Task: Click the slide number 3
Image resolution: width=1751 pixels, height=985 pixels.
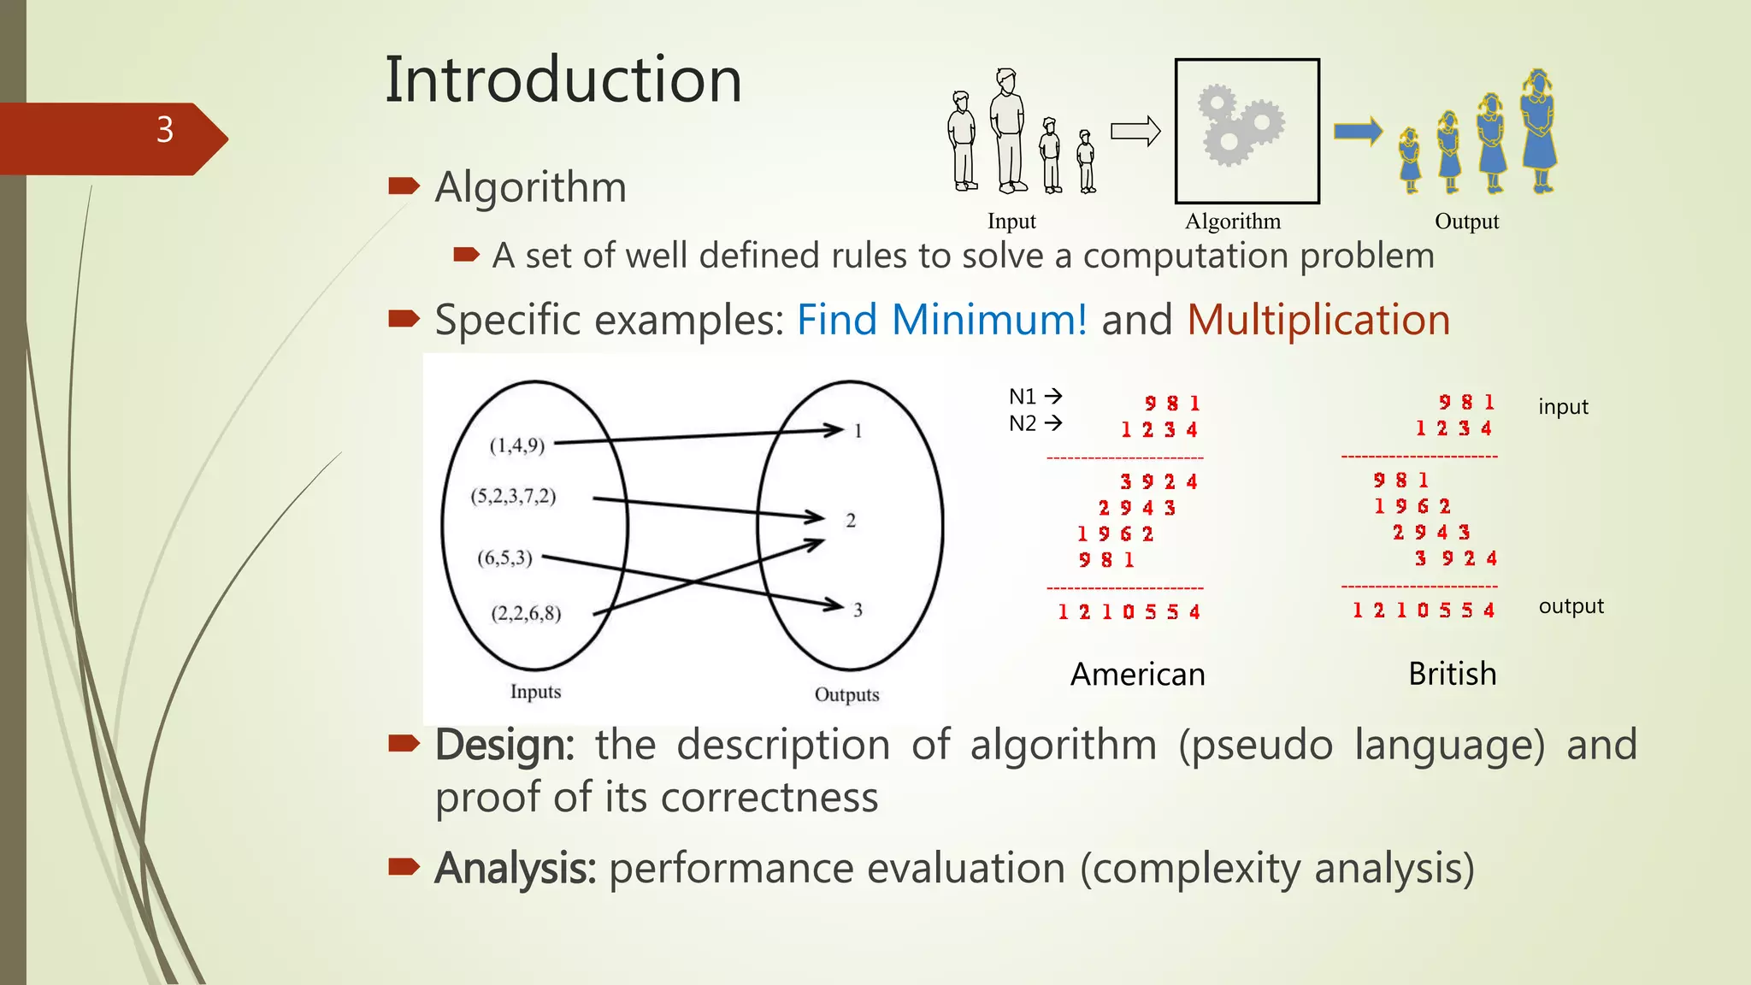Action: [x=165, y=130]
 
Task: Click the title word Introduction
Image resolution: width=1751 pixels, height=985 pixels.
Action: [x=563, y=80]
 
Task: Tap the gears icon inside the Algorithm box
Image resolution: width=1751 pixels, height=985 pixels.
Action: [x=1241, y=126]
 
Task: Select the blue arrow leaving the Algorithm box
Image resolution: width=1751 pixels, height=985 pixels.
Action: [x=1358, y=131]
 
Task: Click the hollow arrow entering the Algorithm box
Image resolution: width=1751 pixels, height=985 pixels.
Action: [x=1135, y=132]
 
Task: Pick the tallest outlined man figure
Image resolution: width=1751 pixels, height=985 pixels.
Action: [x=1009, y=130]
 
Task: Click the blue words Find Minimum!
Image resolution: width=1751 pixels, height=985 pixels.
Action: [x=941, y=320]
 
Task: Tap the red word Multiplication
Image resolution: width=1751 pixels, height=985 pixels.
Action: [x=1318, y=320]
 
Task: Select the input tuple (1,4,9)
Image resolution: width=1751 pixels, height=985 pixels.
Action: [x=516, y=445]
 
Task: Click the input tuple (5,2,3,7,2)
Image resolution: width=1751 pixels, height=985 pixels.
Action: [x=513, y=496]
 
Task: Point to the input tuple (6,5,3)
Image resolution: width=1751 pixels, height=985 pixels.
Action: [x=504, y=558]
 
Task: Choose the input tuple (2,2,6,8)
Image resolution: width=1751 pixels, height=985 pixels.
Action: [x=526, y=613]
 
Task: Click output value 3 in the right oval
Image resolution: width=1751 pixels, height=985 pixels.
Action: [x=858, y=610]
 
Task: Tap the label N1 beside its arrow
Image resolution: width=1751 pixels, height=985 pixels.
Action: [x=1023, y=397]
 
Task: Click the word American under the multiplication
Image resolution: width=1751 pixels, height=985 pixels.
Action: [x=1137, y=675]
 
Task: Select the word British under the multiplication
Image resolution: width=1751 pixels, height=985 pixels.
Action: [x=1452, y=674]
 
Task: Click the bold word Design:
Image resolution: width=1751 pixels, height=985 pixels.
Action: [x=504, y=745]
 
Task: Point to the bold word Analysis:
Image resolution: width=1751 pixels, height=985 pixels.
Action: [x=515, y=868]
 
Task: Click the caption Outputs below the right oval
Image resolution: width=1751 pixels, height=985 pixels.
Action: [x=846, y=694]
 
